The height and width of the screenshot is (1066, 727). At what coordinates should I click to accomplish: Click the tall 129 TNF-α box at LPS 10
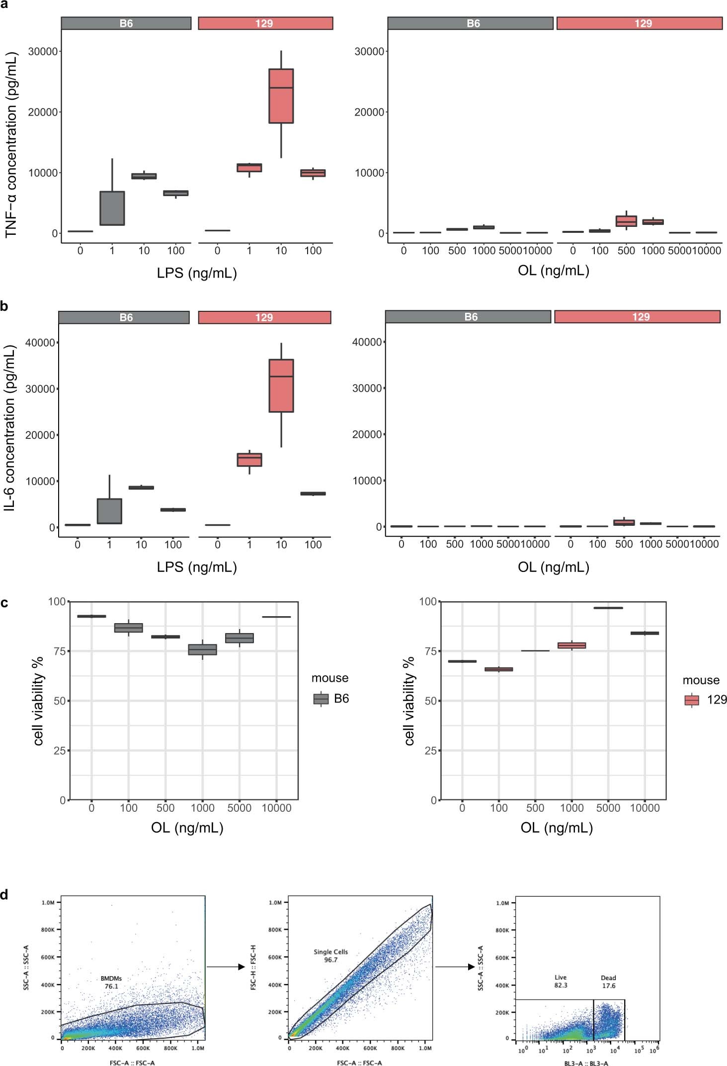point(281,96)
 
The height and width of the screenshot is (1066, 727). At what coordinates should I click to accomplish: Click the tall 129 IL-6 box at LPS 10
point(281,385)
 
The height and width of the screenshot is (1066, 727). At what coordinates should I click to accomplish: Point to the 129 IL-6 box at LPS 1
point(249,460)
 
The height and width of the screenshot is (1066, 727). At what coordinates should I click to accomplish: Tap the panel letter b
point(4,306)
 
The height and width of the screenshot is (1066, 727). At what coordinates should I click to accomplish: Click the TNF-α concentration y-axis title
point(11,144)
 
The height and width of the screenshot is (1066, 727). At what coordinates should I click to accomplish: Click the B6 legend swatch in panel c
point(321,699)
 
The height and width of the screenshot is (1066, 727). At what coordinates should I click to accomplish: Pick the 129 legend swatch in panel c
point(692,700)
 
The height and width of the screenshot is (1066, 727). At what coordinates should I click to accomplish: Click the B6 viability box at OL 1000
point(202,649)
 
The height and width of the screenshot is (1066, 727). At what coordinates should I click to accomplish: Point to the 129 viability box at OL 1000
point(571,645)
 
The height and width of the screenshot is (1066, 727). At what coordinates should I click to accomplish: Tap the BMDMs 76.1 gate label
point(111,982)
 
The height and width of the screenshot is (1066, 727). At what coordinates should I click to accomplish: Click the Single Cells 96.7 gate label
point(330,956)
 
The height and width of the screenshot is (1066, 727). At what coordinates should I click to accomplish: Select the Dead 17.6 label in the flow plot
point(608,982)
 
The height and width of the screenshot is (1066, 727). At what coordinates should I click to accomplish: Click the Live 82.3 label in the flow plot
point(561,981)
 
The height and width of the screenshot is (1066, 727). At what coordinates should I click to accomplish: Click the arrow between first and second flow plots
point(226,967)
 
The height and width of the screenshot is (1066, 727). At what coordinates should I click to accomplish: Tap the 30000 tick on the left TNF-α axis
point(42,52)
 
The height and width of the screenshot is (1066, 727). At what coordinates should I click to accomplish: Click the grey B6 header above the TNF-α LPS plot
point(126,23)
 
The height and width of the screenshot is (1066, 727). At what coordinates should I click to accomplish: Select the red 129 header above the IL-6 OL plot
point(637,317)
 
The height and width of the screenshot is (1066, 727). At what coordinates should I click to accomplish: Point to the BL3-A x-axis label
point(586,1063)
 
